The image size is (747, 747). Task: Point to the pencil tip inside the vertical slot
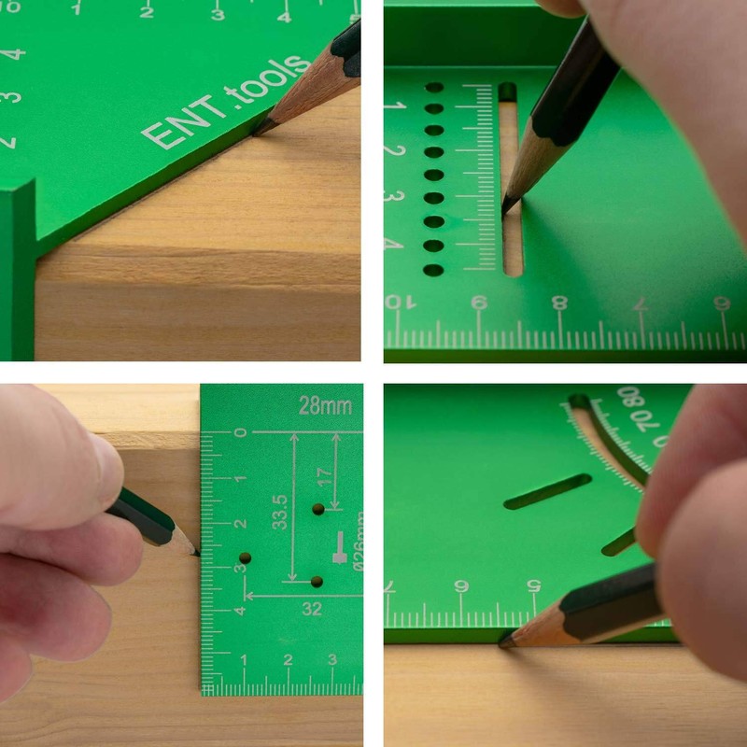pos(505,211)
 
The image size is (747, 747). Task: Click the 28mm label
pos(325,406)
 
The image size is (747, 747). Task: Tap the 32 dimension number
pos(311,609)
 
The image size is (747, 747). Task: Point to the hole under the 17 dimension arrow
pos(318,510)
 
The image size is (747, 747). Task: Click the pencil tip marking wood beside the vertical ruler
pos(197,554)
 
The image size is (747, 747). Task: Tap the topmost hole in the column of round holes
pos(434,87)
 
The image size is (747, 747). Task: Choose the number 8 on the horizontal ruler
pos(559,303)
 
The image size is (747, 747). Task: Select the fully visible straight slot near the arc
pos(547,491)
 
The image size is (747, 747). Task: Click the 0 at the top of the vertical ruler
pos(241,432)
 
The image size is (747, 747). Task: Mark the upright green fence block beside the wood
pos(18,271)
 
